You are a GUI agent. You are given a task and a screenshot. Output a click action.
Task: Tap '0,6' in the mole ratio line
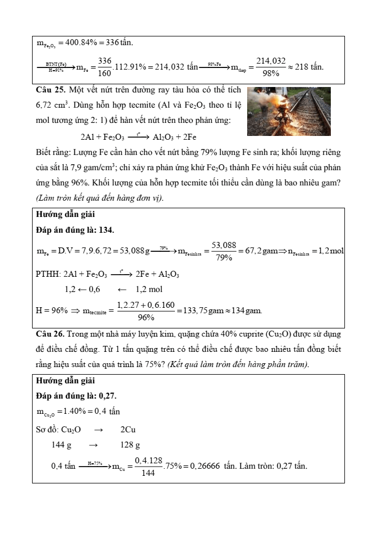point(92,289)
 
